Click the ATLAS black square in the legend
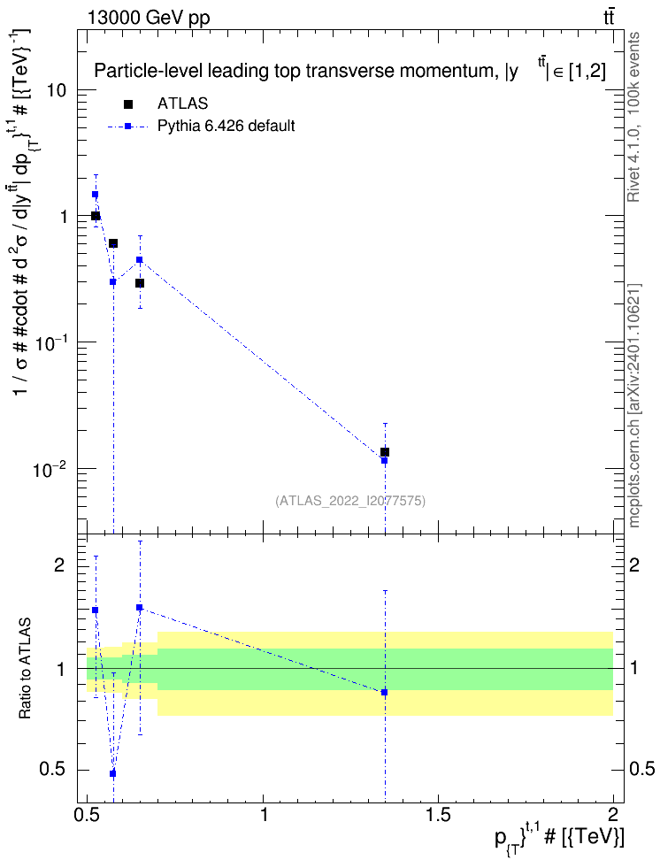(x=127, y=104)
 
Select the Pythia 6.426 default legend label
(x=226, y=127)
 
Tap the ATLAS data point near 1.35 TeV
(x=385, y=452)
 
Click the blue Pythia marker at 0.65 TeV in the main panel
(x=140, y=260)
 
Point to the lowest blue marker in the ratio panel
(x=113, y=774)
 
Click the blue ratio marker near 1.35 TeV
(x=385, y=692)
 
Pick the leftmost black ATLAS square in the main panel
(x=96, y=216)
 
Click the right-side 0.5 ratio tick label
(x=641, y=769)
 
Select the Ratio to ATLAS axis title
(x=25, y=669)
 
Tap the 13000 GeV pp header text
(x=148, y=18)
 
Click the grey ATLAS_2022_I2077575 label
(x=350, y=501)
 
